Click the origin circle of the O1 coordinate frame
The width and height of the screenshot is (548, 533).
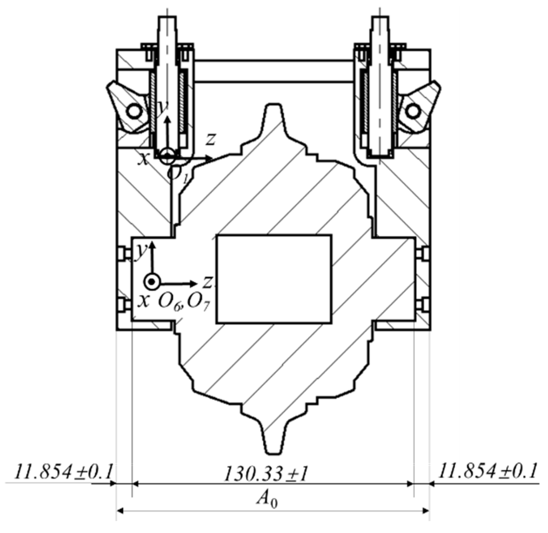167,156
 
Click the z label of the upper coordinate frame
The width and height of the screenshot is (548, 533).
211,139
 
